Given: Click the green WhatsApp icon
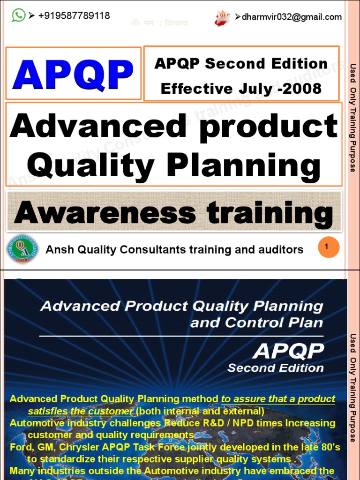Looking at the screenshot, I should (x=18, y=15).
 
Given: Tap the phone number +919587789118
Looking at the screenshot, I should (x=74, y=15).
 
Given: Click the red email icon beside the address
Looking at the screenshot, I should (x=222, y=17).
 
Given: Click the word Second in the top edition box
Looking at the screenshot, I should (x=236, y=64).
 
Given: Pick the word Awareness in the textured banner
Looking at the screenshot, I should (x=104, y=213).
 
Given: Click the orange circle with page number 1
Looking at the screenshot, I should (x=328, y=247).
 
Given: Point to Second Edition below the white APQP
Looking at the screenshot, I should (x=276, y=368).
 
